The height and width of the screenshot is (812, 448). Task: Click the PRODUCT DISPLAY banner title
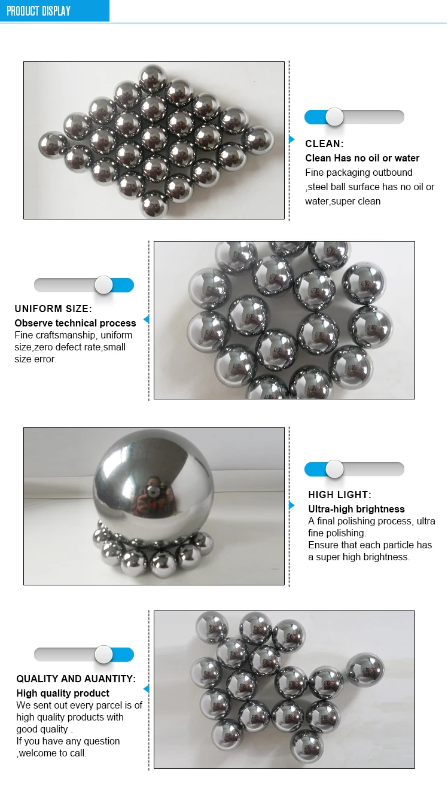[x=38, y=11]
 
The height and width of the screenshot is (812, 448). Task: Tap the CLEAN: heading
[x=324, y=144]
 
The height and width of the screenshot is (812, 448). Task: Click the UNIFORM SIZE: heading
[x=53, y=309]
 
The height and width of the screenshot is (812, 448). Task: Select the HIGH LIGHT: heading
[x=340, y=494]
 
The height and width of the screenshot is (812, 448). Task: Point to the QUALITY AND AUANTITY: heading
[x=76, y=679]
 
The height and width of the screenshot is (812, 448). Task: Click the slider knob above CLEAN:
[x=334, y=117]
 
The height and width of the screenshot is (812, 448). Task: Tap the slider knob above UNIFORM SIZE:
[x=103, y=285]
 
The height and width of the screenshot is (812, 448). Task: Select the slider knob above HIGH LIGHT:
[x=334, y=469]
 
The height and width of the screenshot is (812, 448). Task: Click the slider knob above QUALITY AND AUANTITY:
[x=103, y=655]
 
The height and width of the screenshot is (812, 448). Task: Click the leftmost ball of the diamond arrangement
[x=53, y=145]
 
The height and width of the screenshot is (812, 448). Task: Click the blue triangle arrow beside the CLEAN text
[x=292, y=139]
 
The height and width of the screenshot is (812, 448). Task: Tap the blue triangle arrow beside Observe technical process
[x=146, y=320]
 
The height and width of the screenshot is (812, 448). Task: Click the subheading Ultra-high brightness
[x=356, y=509]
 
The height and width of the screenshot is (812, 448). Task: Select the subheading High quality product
[x=63, y=693]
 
